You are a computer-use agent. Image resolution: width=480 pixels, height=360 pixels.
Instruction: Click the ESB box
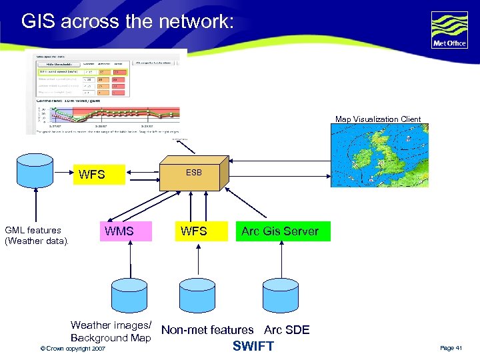click(194, 175)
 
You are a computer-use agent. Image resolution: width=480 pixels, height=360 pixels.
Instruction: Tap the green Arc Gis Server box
click(280, 231)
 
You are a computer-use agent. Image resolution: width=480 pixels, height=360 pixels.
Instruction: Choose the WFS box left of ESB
click(92, 175)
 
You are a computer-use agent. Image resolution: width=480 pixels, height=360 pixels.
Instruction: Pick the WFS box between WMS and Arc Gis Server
click(194, 231)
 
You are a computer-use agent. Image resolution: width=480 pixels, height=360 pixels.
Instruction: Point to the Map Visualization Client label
click(378, 119)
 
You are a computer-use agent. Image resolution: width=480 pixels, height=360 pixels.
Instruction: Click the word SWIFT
click(253, 346)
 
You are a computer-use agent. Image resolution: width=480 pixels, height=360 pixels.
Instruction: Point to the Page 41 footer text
click(451, 348)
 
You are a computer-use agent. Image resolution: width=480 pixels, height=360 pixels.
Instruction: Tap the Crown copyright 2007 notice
click(72, 349)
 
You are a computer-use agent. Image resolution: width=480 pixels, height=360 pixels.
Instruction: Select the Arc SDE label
click(287, 330)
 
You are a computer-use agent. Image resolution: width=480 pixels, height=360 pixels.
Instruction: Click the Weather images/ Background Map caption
click(111, 331)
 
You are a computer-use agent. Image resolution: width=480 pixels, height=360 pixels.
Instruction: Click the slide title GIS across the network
click(127, 21)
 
